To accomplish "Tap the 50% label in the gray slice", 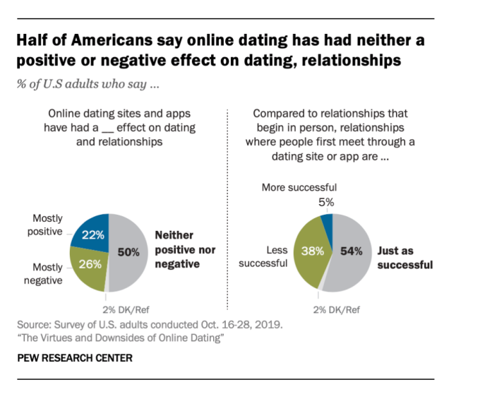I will click(x=128, y=251).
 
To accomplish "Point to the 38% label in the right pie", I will click(x=313, y=249).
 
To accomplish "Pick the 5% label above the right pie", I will click(x=327, y=202).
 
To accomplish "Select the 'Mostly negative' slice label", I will click(x=48, y=274).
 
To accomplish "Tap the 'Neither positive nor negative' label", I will click(x=184, y=249).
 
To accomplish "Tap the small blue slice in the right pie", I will click(x=326, y=225).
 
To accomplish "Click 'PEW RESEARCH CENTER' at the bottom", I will click(x=74, y=358).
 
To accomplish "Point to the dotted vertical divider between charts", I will click(x=226, y=212).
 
